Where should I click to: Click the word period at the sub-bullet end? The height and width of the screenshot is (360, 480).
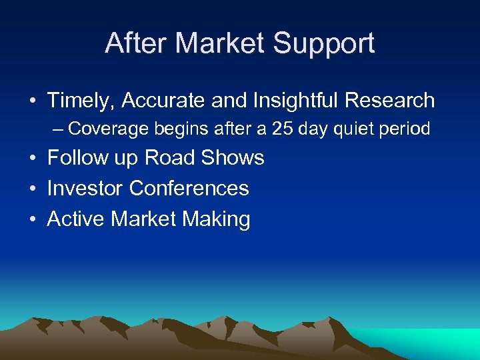coord(407,128)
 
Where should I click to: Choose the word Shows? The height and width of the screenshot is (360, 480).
coord(237,158)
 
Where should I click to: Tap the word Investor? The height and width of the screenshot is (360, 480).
coord(85,189)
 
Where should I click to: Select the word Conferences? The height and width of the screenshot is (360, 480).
coord(189,189)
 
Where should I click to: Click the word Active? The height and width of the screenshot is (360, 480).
coord(76,219)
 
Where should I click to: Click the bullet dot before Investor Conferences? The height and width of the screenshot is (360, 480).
coord(33,189)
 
